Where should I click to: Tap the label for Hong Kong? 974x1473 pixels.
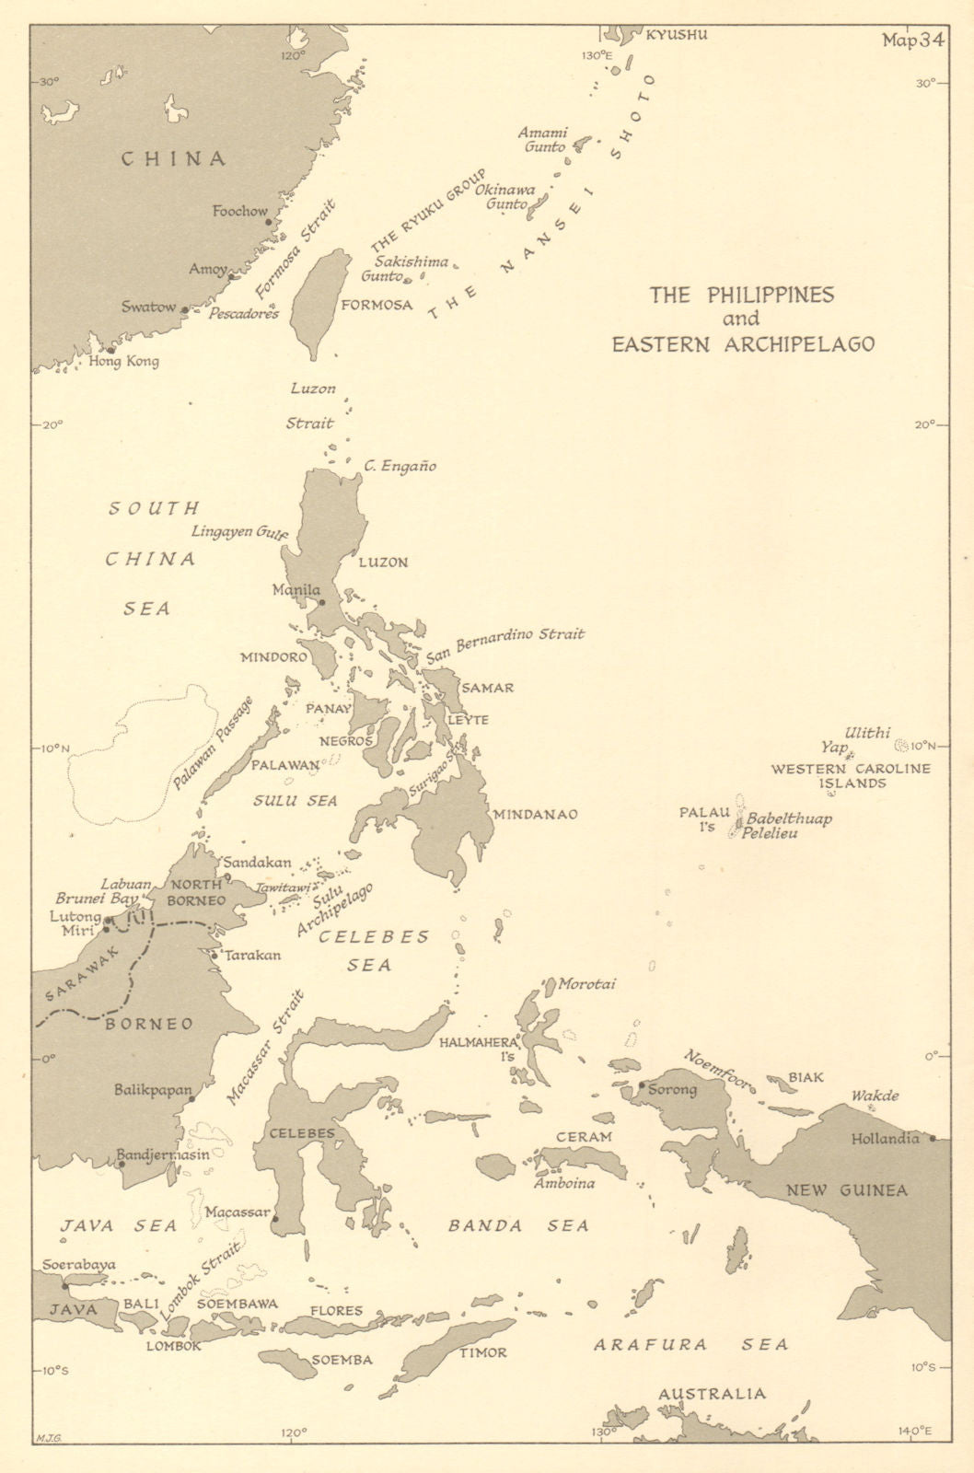[124, 362]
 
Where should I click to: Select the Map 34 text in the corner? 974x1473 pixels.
[911, 41]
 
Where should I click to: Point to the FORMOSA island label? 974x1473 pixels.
[377, 305]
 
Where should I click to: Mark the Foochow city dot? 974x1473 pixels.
[268, 222]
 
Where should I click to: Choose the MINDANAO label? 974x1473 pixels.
[535, 814]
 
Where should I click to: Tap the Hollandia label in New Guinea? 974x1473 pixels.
[884, 1139]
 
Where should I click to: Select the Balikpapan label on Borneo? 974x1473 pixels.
[152, 1090]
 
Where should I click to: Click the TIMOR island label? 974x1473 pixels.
[483, 1352]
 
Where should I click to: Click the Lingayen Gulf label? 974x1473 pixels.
[239, 532]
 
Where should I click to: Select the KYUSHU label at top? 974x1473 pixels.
[677, 35]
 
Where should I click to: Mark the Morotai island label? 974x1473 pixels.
[586, 984]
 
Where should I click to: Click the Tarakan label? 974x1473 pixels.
[251, 955]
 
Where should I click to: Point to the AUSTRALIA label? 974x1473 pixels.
[712, 1394]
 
